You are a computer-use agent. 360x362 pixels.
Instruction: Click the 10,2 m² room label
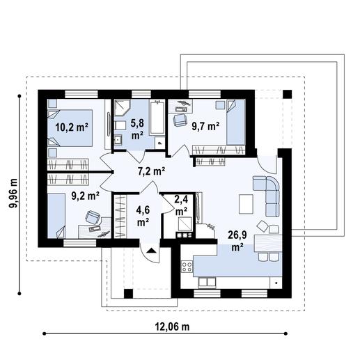point(71,127)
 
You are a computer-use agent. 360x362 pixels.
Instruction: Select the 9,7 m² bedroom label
point(206,126)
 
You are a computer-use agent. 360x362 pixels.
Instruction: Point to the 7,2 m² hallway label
point(150,170)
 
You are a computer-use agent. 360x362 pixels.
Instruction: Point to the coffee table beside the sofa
point(245,203)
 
